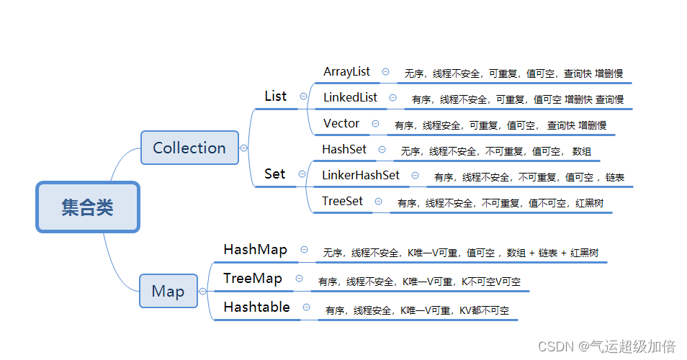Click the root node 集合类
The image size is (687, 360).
[x=87, y=207]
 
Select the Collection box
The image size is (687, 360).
[x=189, y=148]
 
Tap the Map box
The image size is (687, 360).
[x=168, y=291]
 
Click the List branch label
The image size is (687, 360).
[x=276, y=96]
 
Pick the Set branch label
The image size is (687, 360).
[x=274, y=174]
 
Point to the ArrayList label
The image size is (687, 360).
[x=346, y=71]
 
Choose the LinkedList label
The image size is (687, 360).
[x=350, y=97]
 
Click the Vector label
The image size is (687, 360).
[x=341, y=123]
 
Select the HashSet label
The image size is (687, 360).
[x=344, y=149]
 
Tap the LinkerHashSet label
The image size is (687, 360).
[x=361, y=175]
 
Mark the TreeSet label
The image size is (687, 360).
[x=343, y=201]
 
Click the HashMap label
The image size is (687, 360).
[x=255, y=249]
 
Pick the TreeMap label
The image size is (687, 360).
[x=253, y=278]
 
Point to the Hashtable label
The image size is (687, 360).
[x=256, y=307]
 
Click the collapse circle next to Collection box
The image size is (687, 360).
[x=243, y=148]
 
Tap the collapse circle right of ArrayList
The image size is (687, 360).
[x=386, y=72]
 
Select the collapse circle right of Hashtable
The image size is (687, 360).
[x=306, y=307]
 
